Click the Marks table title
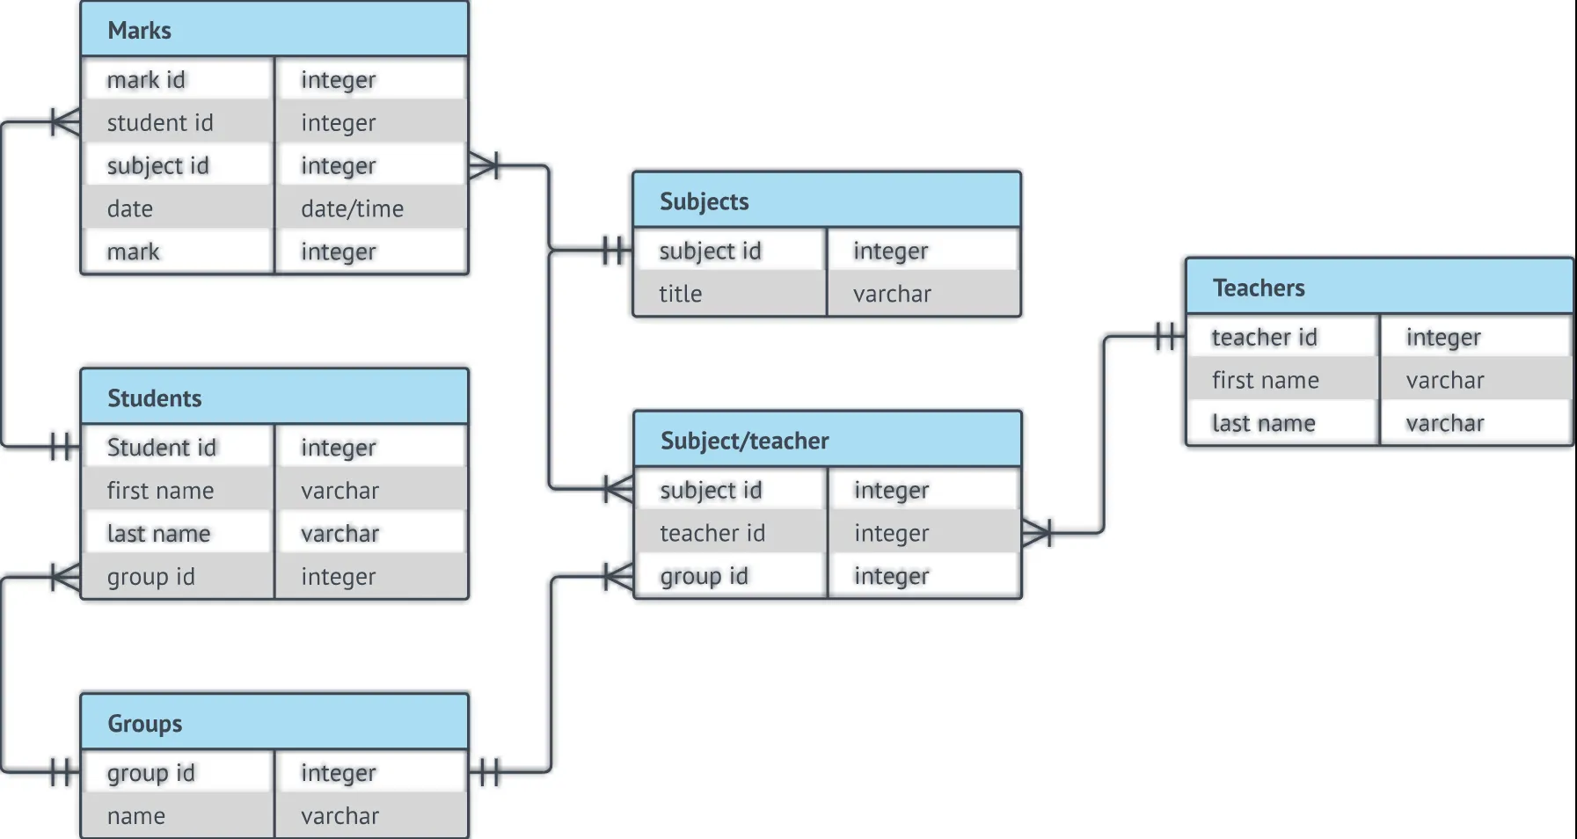point(139,31)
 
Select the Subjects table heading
point(704,201)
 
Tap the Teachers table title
point(1259,288)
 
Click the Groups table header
point(144,724)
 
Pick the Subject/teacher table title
point(744,441)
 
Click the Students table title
point(154,398)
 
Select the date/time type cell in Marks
point(352,208)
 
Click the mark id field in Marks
point(146,80)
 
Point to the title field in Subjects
point(681,294)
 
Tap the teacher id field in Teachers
point(1264,337)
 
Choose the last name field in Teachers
point(1263,423)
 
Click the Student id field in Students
point(161,448)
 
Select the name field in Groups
point(135,816)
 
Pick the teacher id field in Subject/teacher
point(712,533)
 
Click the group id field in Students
point(150,577)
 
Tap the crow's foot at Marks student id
point(65,122)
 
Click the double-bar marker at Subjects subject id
point(617,251)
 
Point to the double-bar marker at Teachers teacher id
point(1169,336)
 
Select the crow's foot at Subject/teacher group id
point(618,577)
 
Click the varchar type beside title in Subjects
point(892,294)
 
